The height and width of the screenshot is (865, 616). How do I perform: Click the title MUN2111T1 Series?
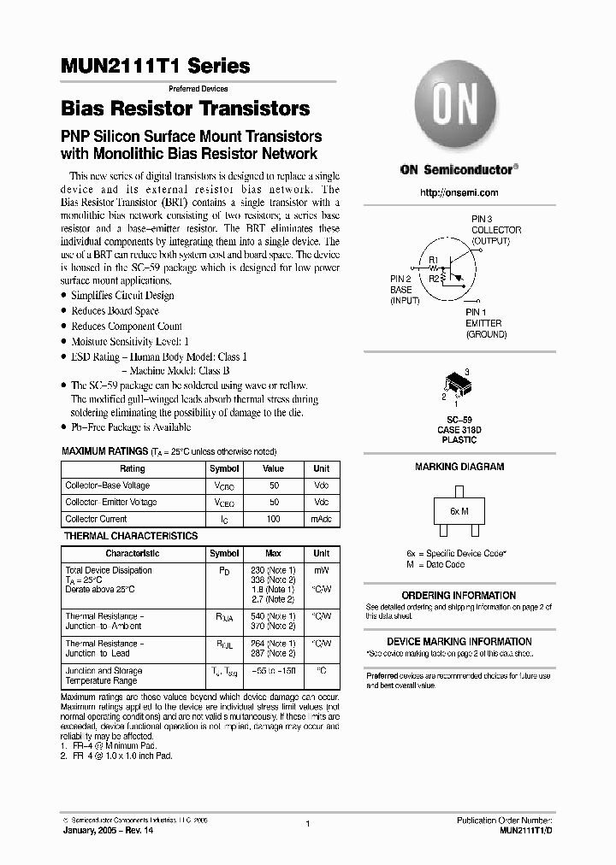pyautogui.click(x=156, y=66)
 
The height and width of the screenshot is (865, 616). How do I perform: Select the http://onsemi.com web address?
pyautogui.click(x=459, y=193)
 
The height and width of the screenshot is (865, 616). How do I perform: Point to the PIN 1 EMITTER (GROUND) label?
pyautogui.click(x=485, y=324)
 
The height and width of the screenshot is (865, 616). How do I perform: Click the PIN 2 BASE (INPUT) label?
pyautogui.click(x=405, y=290)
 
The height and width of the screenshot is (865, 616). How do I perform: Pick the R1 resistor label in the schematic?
pyautogui.click(x=433, y=259)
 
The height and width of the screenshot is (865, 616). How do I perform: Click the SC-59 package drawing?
pyautogui.click(x=458, y=387)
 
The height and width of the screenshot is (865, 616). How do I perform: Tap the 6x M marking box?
pyautogui.click(x=459, y=510)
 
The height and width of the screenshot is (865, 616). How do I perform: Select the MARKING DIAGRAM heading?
pyautogui.click(x=459, y=468)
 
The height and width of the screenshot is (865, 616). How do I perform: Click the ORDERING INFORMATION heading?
pyautogui.click(x=459, y=596)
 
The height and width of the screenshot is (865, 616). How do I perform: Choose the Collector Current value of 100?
pyautogui.click(x=273, y=519)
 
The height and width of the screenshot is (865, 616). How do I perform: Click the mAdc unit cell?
pyautogui.click(x=321, y=519)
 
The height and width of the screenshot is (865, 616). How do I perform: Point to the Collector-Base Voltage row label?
pyautogui.click(x=107, y=485)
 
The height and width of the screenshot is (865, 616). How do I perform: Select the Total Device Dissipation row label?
pyautogui.click(x=109, y=570)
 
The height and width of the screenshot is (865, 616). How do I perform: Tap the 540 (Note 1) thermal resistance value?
pyautogui.click(x=273, y=615)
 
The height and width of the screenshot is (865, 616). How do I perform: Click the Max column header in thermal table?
pyautogui.click(x=273, y=554)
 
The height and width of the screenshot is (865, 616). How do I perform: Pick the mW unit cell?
pyautogui.click(x=321, y=570)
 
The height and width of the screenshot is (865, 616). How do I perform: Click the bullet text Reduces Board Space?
pyautogui.click(x=115, y=311)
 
